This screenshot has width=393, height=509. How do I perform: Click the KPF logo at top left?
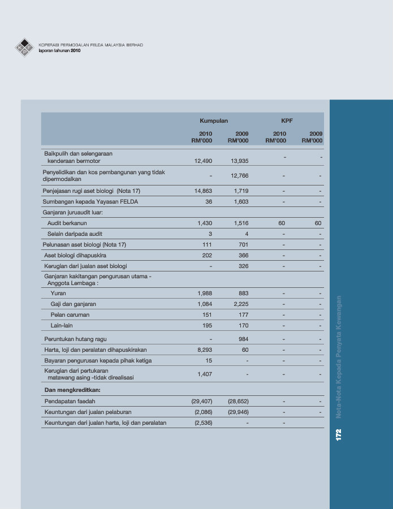(x=24, y=47)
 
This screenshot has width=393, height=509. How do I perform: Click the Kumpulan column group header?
(x=214, y=121)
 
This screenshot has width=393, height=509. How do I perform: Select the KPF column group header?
(x=287, y=121)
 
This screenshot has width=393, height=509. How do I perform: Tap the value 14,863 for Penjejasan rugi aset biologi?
(x=203, y=191)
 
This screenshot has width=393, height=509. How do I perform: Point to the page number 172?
(x=339, y=435)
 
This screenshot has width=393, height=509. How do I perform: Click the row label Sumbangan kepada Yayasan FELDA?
(x=90, y=201)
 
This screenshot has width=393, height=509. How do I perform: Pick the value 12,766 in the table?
(x=240, y=176)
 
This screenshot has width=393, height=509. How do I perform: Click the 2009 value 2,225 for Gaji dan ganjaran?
(x=240, y=304)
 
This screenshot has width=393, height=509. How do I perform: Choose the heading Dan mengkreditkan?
(x=76, y=390)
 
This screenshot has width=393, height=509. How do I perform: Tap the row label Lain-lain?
(x=62, y=326)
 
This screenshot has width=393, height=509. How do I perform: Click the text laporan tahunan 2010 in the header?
(x=60, y=51)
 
